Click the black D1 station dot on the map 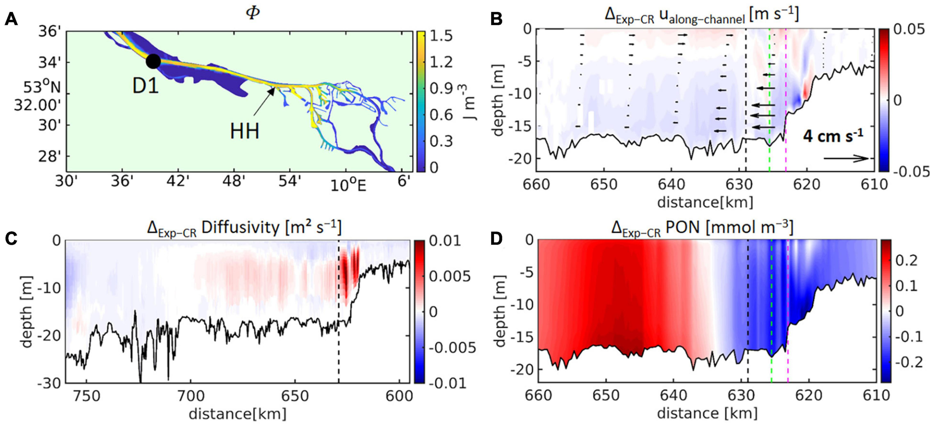[x=153, y=61]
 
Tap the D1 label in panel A [x=146, y=86]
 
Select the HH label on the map [x=244, y=131]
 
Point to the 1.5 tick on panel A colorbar [x=441, y=36]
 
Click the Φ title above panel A [x=253, y=13]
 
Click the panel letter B [x=496, y=19]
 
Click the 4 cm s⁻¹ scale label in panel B [x=833, y=136]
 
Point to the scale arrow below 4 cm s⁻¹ [x=846, y=158]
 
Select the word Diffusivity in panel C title [x=240, y=227]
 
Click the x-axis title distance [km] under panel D [x=707, y=413]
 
